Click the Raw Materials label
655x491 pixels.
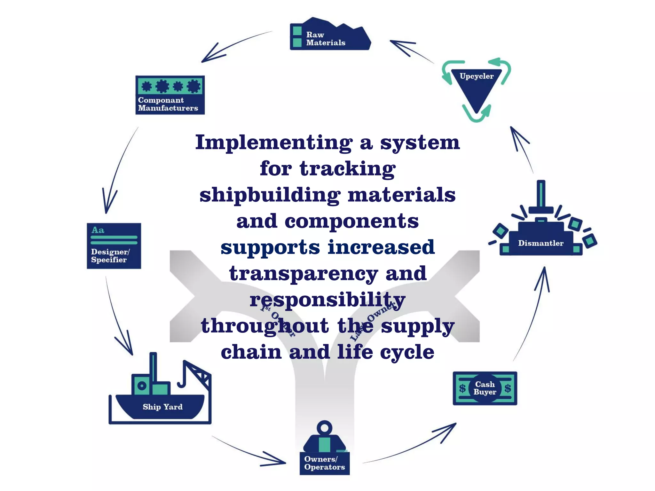326,39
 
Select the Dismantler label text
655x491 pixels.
541,243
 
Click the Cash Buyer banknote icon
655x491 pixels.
485,388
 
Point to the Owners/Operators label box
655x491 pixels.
324,463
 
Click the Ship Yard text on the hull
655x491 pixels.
162,407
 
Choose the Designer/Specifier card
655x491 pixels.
114,246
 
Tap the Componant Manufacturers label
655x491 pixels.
168,104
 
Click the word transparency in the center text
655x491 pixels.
304,274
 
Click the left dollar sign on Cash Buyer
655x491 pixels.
462,388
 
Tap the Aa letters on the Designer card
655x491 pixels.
98,230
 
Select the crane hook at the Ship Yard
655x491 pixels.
182,382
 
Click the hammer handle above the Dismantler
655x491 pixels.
541,193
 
